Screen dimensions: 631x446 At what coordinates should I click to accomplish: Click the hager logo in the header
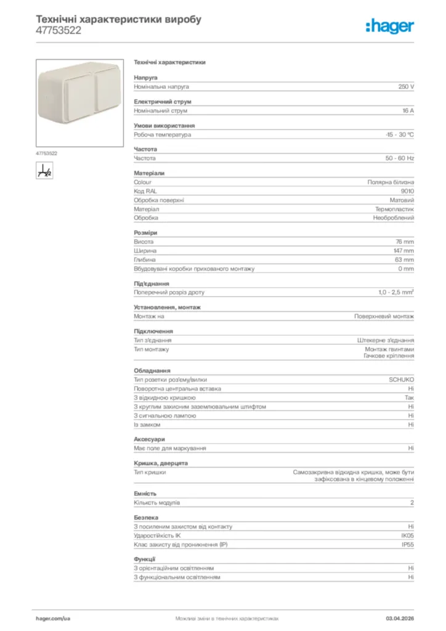tap(389, 26)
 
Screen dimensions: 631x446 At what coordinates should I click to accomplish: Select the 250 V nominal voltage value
tap(406, 87)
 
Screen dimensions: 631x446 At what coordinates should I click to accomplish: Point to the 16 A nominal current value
tap(408, 111)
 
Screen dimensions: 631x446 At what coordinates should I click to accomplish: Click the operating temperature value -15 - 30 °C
tap(399, 134)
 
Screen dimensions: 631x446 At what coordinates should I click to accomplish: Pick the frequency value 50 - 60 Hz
tap(400, 158)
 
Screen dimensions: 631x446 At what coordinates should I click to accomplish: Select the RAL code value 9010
tap(407, 191)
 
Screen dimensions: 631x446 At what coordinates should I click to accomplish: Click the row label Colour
tap(142, 182)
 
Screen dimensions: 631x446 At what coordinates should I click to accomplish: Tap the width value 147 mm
tap(404, 251)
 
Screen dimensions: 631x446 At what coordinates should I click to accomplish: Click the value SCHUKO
tap(402, 380)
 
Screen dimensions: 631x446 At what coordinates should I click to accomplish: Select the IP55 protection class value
tap(408, 545)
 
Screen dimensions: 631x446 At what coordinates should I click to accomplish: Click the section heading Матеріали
tap(149, 173)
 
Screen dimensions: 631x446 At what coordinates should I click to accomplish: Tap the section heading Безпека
tap(146, 518)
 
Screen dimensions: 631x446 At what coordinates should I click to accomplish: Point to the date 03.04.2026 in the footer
tap(400, 617)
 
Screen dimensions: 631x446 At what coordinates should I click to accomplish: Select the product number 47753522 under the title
tap(59, 30)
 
